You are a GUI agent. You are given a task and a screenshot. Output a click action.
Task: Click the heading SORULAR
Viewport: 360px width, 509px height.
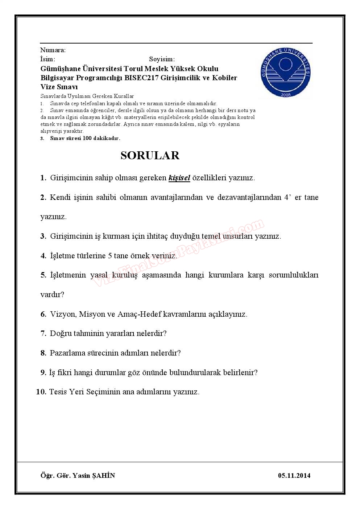tap(150, 155)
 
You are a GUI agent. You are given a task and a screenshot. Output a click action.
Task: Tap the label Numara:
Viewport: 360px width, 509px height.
tap(53, 50)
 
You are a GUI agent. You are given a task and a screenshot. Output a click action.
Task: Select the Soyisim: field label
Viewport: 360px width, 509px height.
tap(162, 59)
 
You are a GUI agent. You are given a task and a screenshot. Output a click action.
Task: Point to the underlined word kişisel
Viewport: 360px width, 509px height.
tap(179, 178)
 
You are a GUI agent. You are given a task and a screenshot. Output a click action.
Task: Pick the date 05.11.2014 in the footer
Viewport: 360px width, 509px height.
tap(294, 476)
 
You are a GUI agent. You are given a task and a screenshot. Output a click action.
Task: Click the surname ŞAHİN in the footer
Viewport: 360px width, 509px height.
tap(104, 476)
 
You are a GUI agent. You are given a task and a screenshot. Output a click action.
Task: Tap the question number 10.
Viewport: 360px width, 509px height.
tap(41, 392)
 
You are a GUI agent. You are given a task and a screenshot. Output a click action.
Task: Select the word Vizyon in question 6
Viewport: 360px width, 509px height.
tap(63, 314)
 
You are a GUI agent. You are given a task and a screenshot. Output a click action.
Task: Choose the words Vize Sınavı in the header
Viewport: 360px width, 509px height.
tap(59, 87)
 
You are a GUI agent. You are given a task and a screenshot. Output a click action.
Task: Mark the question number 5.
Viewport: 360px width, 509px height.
tap(43, 275)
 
